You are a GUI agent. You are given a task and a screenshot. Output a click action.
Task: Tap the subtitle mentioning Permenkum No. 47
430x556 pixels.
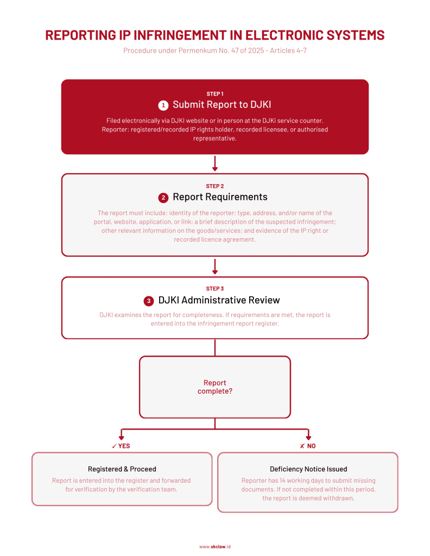click(x=214, y=51)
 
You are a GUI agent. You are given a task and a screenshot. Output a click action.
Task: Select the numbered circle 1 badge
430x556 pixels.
click(x=163, y=105)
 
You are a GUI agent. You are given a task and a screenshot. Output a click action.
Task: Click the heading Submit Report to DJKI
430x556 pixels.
click(x=221, y=105)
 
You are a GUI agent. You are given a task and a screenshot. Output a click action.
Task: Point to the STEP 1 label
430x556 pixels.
click(x=214, y=93)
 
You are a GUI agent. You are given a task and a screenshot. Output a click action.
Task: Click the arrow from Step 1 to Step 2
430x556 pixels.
click(x=215, y=163)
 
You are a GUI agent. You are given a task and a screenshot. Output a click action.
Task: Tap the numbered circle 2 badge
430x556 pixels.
click(x=163, y=197)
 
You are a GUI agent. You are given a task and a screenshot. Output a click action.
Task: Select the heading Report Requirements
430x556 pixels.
click(x=220, y=197)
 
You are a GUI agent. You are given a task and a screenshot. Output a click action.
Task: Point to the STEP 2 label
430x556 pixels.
click(x=214, y=186)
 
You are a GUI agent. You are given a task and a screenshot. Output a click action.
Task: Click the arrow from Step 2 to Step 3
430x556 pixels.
click(x=215, y=267)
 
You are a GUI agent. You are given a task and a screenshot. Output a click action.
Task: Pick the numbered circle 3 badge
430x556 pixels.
click(x=149, y=300)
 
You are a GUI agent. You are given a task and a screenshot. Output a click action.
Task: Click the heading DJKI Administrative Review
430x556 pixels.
click(x=219, y=300)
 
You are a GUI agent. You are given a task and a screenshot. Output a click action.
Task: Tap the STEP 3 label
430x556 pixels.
click(x=214, y=289)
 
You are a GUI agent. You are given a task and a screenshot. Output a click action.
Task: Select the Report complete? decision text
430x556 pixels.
click(x=215, y=387)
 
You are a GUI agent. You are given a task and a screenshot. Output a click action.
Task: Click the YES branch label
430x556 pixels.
click(x=121, y=446)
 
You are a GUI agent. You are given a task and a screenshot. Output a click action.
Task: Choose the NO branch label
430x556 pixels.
click(x=308, y=446)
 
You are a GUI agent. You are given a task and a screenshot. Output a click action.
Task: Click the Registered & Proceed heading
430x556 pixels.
click(x=122, y=469)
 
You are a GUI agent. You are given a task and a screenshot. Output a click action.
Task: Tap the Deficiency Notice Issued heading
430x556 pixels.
click(x=308, y=469)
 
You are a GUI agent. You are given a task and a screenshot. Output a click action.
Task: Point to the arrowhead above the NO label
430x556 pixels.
click(x=308, y=437)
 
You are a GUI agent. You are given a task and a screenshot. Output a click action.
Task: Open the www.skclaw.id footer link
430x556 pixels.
click(x=215, y=546)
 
